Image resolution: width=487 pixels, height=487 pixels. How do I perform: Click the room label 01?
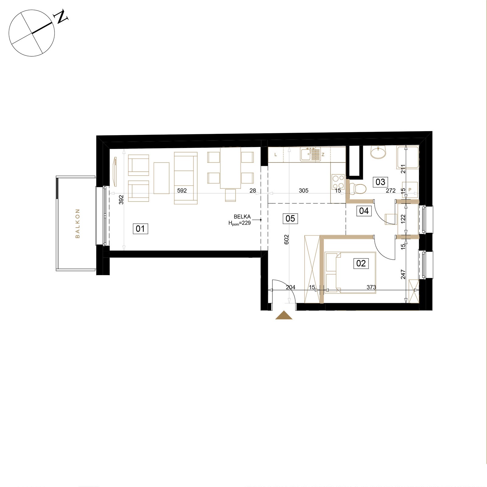click(140, 228)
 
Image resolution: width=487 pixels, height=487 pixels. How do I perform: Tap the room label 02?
click(361, 263)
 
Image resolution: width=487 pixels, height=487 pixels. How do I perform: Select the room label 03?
click(380, 182)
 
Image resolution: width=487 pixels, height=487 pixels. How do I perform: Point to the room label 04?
click(364, 211)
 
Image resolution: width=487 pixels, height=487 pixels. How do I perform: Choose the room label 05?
click(290, 219)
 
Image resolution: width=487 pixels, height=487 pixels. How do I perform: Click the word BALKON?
click(77, 223)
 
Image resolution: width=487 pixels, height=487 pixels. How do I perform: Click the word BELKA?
click(242, 217)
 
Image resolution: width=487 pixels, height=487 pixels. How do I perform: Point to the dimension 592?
click(182, 191)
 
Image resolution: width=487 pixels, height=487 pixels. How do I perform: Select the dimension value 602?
click(286, 240)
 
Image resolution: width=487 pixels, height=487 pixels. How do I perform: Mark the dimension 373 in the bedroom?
click(371, 287)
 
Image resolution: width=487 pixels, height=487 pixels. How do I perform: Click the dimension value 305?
click(303, 191)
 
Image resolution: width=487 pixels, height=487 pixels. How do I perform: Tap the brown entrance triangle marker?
click(284, 315)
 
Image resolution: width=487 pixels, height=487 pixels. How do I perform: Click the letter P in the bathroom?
click(410, 190)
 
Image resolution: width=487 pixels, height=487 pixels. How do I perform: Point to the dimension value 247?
click(403, 274)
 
